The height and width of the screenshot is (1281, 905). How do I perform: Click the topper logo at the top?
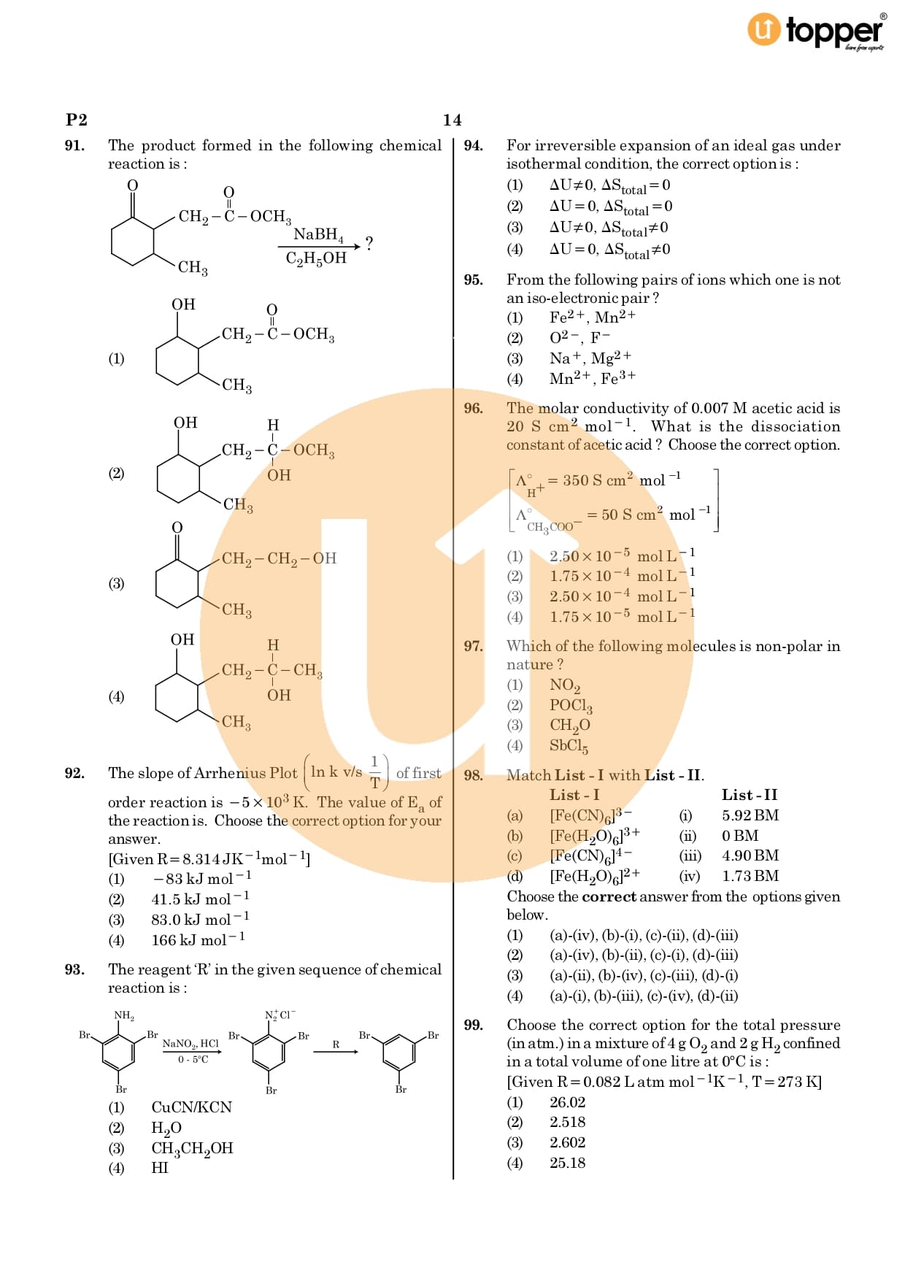click(817, 31)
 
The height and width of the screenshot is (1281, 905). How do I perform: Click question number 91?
click(74, 146)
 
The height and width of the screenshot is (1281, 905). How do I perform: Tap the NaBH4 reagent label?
click(317, 234)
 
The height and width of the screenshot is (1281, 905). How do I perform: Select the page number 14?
click(452, 120)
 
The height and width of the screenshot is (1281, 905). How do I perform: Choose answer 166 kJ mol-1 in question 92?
click(198, 940)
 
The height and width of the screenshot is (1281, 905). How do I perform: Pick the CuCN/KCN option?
click(191, 1107)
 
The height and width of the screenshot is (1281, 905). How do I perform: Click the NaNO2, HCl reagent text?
click(190, 1044)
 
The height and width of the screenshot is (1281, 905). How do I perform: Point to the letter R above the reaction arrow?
click(336, 1045)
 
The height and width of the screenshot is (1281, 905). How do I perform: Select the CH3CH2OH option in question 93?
click(192, 1148)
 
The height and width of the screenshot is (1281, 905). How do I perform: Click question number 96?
click(474, 409)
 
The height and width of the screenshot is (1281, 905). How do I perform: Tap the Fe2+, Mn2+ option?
click(592, 318)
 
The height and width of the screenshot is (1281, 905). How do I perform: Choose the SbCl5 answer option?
click(569, 746)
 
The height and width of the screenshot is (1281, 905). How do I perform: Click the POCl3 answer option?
click(571, 705)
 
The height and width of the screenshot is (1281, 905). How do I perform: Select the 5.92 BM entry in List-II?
click(750, 815)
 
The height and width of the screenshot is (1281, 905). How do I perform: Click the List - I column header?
click(574, 795)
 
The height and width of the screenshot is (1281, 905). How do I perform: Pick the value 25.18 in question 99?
click(567, 1163)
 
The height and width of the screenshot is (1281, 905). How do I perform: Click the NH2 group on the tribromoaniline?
click(124, 1015)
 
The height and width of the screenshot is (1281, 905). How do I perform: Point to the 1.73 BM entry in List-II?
click(750, 876)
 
